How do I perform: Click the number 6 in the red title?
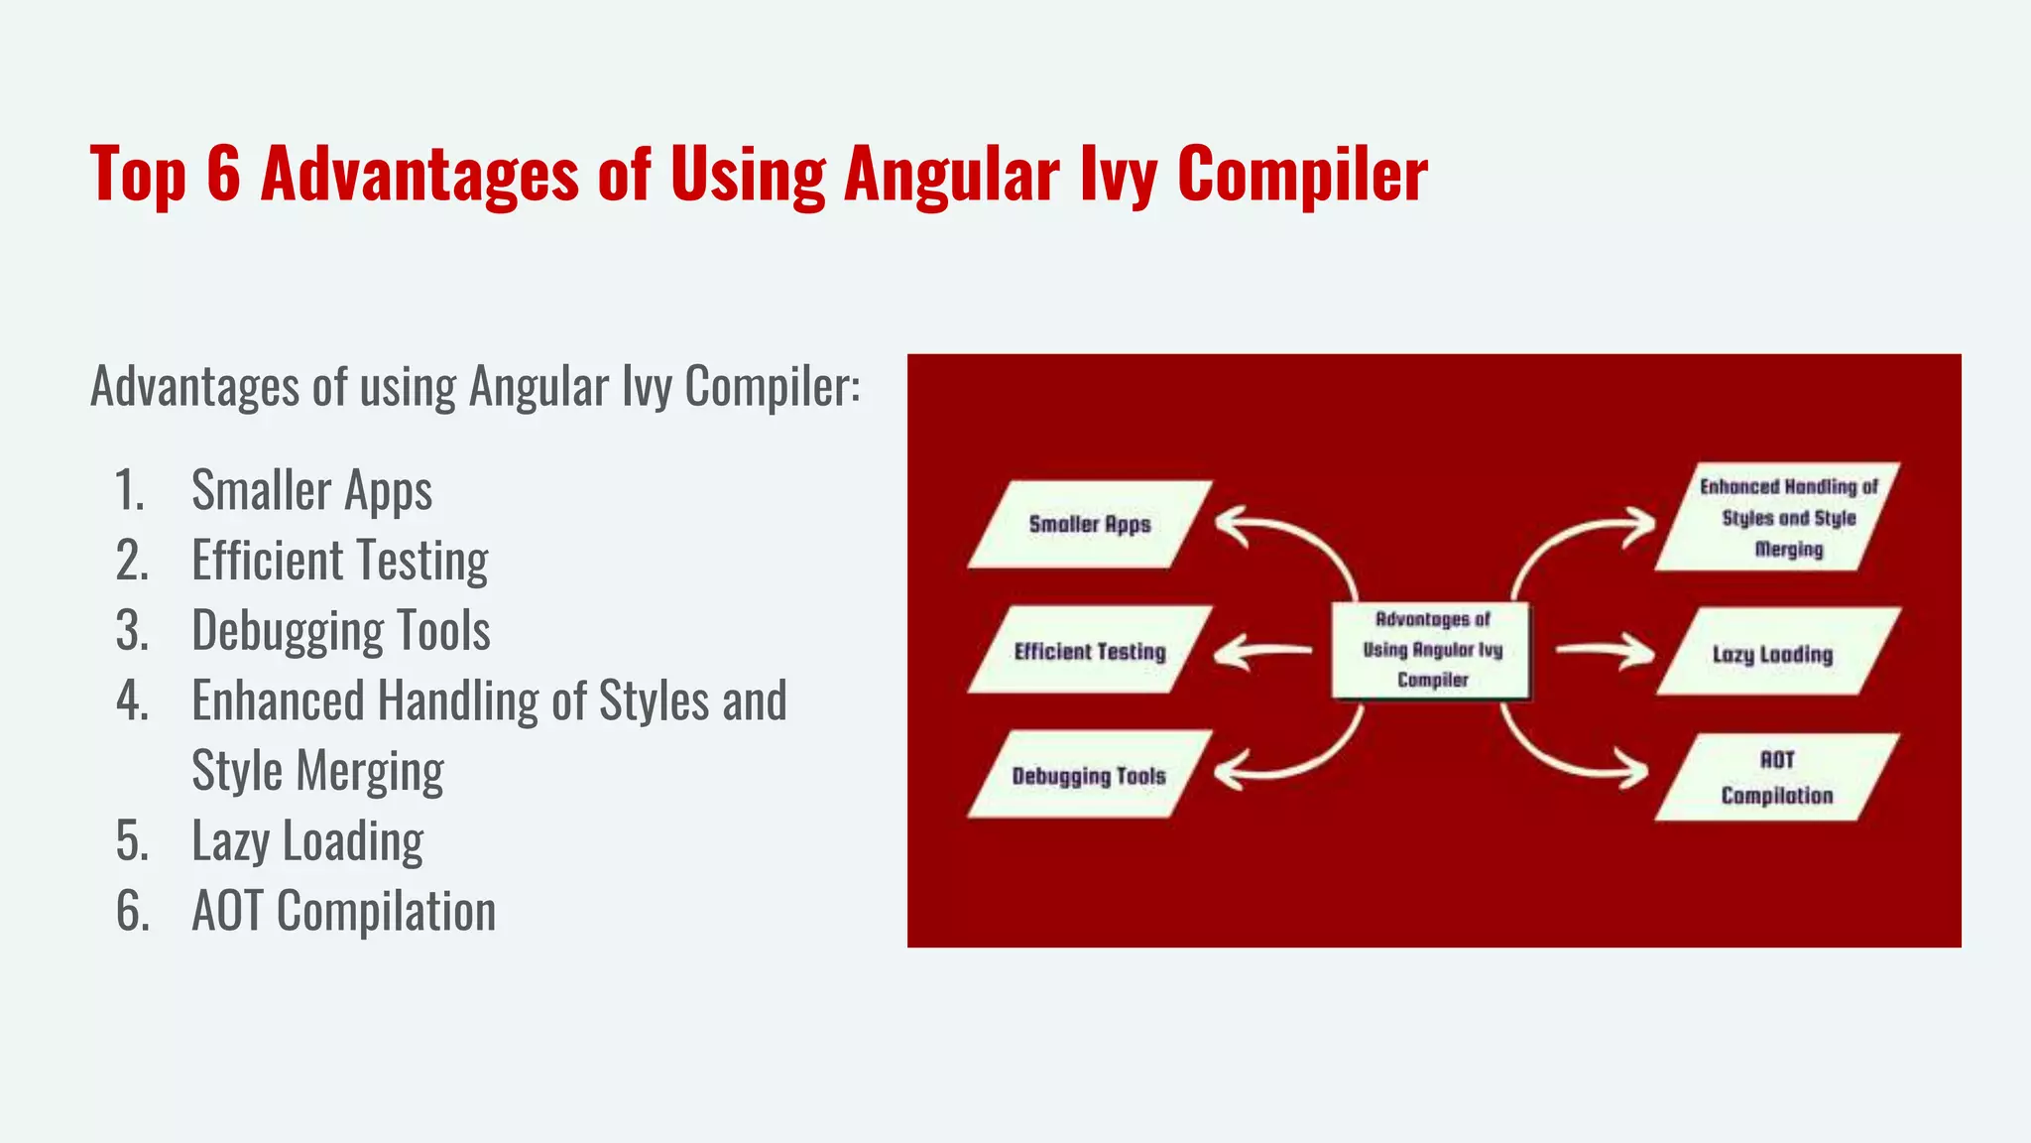(x=224, y=175)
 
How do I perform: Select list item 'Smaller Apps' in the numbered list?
(x=311, y=490)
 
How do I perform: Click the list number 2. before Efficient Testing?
(x=132, y=561)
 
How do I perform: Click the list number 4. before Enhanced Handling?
(x=132, y=701)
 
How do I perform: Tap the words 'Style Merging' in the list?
(x=317, y=771)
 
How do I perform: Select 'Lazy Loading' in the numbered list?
(x=307, y=841)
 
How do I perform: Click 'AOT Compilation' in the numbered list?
(x=343, y=911)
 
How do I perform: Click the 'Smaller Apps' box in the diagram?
(x=1089, y=524)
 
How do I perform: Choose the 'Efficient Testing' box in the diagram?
(x=1089, y=651)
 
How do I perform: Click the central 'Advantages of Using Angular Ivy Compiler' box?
(x=1431, y=650)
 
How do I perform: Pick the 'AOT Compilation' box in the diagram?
(x=1775, y=777)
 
